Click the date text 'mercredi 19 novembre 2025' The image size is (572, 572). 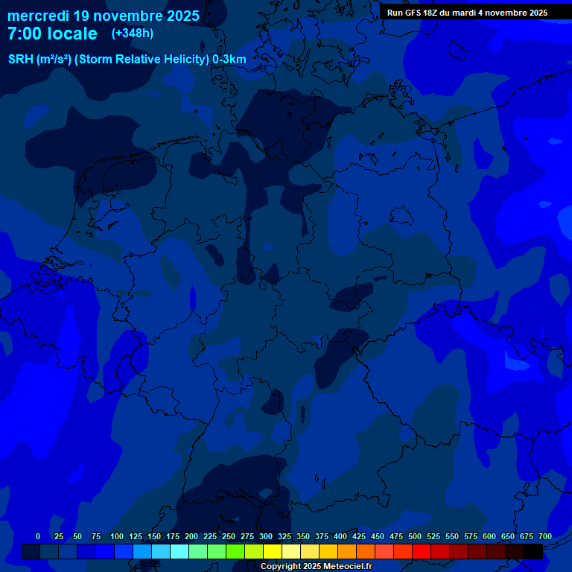[104, 16]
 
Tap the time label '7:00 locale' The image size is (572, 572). [52, 34]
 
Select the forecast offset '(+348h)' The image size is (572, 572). [132, 34]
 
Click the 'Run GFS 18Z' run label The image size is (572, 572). [413, 12]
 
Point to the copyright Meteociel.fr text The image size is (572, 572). [316, 567]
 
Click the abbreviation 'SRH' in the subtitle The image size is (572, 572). [21, 60]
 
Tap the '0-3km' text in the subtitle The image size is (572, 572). [229, 60]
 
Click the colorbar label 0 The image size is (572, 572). [38, 536]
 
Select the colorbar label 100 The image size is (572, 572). [117, 536]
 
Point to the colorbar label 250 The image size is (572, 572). [229, 536]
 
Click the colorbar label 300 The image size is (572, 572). [266, 536]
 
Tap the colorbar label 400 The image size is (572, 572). [340, 536]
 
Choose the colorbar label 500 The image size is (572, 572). [415, 536]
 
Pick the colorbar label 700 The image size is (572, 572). [544, 536]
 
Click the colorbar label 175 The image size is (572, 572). [173, 536]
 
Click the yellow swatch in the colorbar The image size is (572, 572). [273, 551]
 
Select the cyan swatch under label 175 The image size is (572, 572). [179, 551]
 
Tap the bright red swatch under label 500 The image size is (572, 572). [422, 551]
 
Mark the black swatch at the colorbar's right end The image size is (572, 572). [533, 551]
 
